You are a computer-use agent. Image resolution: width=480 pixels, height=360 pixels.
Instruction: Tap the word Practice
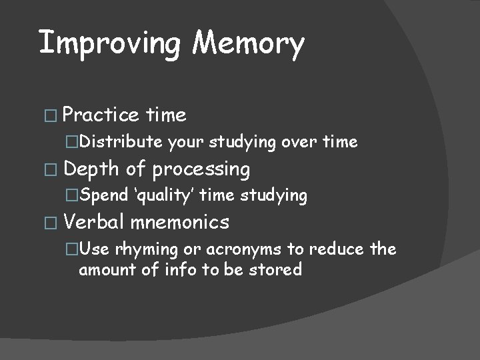100,115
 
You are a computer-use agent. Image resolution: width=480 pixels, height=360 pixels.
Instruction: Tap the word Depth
89,169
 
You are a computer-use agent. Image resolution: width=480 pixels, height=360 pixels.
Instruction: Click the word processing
201,170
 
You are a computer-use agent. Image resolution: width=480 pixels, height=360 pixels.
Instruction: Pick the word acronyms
233,249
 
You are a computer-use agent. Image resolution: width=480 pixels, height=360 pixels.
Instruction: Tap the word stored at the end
279,269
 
